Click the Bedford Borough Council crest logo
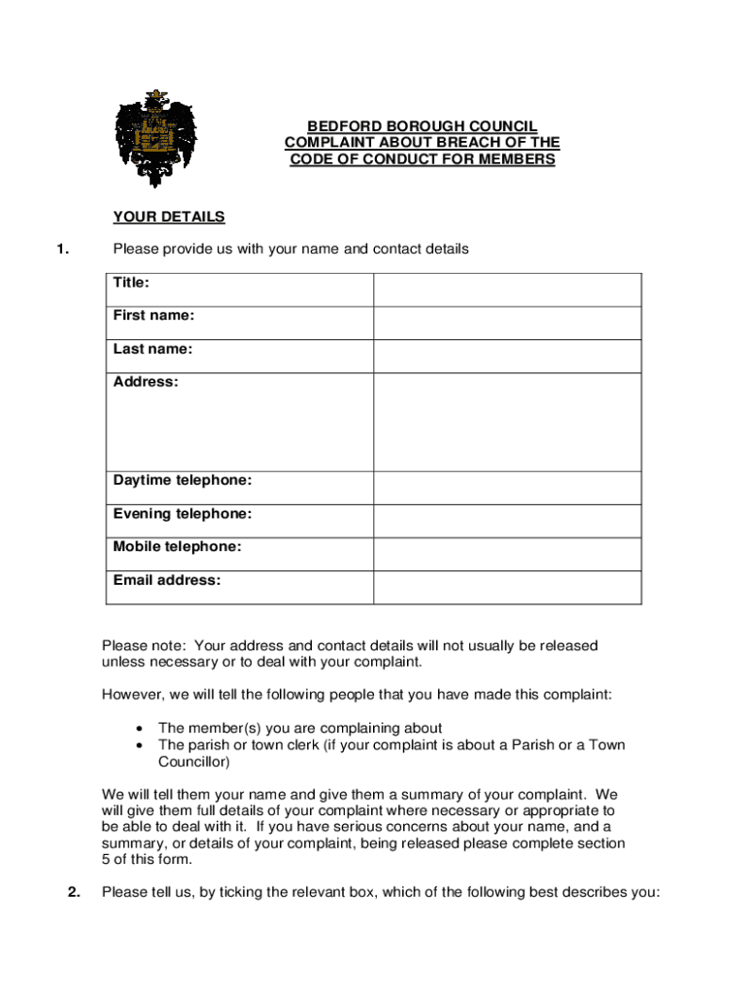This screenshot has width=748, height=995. click(x=155, y=138)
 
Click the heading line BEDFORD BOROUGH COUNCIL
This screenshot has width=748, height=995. click(x=422, y=126)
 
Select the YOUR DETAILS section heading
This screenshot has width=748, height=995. click(x=169, y=217)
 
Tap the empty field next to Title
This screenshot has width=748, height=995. click(x=507, y=290)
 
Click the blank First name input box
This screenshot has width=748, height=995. click(x=507, y=323)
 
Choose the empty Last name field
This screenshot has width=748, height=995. click(x=507, y=356)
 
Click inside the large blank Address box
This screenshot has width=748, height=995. click(x=507, y=422)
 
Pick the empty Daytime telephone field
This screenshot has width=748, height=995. click(x=507, y=488)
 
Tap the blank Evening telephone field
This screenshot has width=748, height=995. click(x=507, y=521)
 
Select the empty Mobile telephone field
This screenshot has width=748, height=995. click(x=507, y=554)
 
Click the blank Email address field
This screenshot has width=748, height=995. click(x=507, y=587)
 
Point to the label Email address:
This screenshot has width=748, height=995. click(x=167, y=580)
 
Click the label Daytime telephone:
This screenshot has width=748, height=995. click(x=183, y=481)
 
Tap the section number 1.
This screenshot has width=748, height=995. click(x=62, y=249)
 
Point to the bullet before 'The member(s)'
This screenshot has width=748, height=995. click(x=142, y=729)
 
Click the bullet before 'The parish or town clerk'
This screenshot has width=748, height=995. click(x=142, y=745)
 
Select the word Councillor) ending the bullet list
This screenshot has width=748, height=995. click(x=193, y=762)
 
